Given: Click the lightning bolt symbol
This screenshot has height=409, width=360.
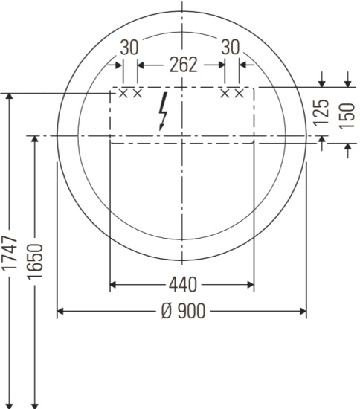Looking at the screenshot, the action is pyautogui.click(x=163, y=111).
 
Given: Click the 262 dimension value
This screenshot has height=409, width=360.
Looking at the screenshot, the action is pyautogui.click(x=184, y=65).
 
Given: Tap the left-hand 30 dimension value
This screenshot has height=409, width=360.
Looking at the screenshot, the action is pyautogui.click(x=129, y=48).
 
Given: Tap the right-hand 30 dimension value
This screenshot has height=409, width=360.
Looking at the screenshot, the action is pyautogui.click(x=231, y=47).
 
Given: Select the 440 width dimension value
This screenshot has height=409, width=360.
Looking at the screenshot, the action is pyautogui.click(x=183, y=285).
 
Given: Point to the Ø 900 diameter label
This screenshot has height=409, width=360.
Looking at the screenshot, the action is pyautogui.click(x=184, y=311).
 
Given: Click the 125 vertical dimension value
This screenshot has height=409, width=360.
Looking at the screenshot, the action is pyautogui.click(x=321, y=113).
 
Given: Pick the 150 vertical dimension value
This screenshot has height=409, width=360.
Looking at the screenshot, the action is pyautogui.click(x=347, y=116).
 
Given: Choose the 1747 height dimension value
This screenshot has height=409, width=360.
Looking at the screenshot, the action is pyautogui.click(x=10, y=253).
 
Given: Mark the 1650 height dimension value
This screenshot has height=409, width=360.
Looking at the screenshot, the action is pyautogui.click(x=35, y=262).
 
